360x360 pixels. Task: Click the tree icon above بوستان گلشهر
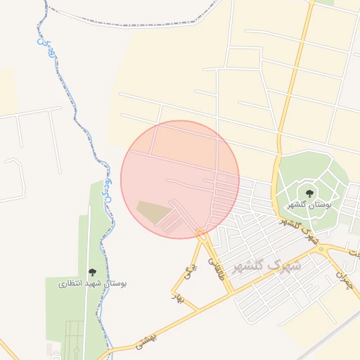point(309,193)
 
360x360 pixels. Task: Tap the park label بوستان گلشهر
point(309,205)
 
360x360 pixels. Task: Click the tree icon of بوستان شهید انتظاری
point(92,272)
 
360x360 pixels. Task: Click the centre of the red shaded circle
point(180,179)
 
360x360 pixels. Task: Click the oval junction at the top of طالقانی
point(202,234)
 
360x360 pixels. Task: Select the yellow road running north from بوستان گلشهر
point(292,91)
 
